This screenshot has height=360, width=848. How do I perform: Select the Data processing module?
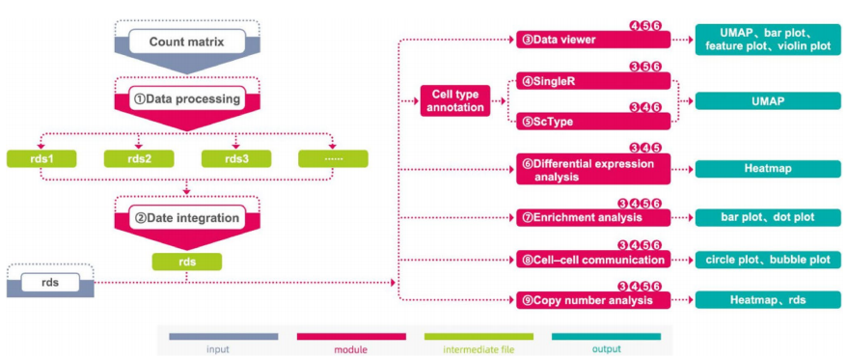tap(187, 98)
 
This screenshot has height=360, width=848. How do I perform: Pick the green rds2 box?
tap(138, 157)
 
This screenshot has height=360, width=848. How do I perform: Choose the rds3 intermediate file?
tap(235, 157)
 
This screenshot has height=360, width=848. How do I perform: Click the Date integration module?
tap(187, 218)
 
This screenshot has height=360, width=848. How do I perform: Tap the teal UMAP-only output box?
tap(768, 100)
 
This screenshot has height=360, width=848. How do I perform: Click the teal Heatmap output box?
tap(768, 169)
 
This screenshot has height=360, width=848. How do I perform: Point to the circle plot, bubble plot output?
tap(768, 260)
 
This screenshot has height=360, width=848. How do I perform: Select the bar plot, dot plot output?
tap(768, 217)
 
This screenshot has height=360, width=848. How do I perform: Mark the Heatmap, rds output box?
tap(768, 301)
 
